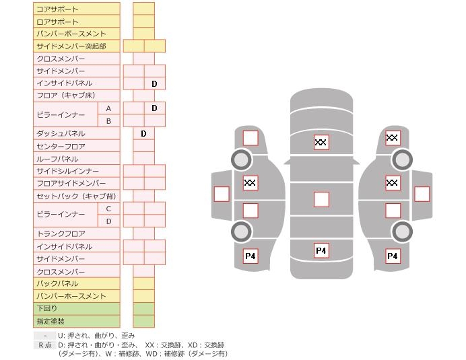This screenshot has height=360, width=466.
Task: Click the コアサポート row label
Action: [x=57, y=9]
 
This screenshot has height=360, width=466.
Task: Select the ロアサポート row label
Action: [x=57, y=22]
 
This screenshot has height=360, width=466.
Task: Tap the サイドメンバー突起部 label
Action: [x=71, y=46]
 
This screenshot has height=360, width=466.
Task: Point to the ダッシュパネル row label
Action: [x=61, y=134]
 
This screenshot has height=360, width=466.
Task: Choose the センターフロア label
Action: [x=61, y=146]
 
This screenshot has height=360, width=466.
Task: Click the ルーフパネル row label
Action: [x=57, y=159]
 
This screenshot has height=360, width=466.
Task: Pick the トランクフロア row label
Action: [x=61, y=233]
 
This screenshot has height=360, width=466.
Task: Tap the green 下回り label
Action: [x=47, y=308]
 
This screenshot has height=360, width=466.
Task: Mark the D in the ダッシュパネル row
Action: [x=143, y=134]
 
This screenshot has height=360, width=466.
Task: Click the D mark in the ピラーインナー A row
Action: [x=154, y=108]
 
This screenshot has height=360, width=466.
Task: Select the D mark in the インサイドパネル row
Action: [x=154, y=83]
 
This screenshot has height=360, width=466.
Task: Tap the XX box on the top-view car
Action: [x=321, y=142]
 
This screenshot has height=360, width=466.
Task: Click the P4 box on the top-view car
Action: [x=321, y=251]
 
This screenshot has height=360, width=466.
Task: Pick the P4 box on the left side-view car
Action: [x=251, y=256]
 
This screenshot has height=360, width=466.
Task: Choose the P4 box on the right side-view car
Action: [x=393, y=256]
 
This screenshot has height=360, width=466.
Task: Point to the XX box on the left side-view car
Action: [x=251, y=182]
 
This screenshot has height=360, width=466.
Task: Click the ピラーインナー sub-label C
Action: [x=108, y=209]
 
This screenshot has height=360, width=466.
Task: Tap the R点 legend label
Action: [x=44, y=345]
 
